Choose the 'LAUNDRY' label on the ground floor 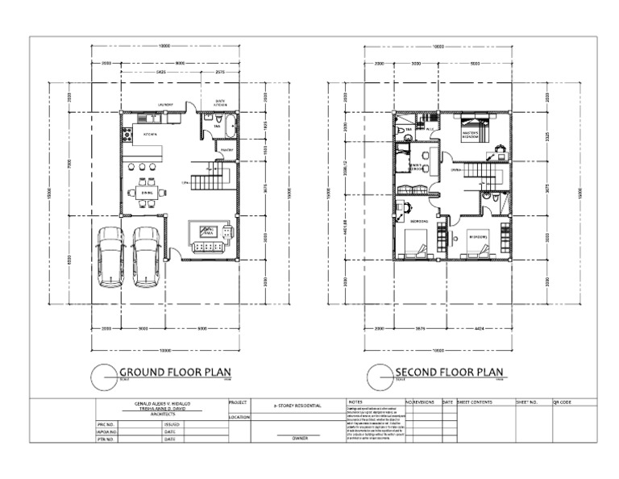167,104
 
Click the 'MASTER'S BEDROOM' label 472,134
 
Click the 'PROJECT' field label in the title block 239,402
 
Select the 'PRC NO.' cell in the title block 106,423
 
